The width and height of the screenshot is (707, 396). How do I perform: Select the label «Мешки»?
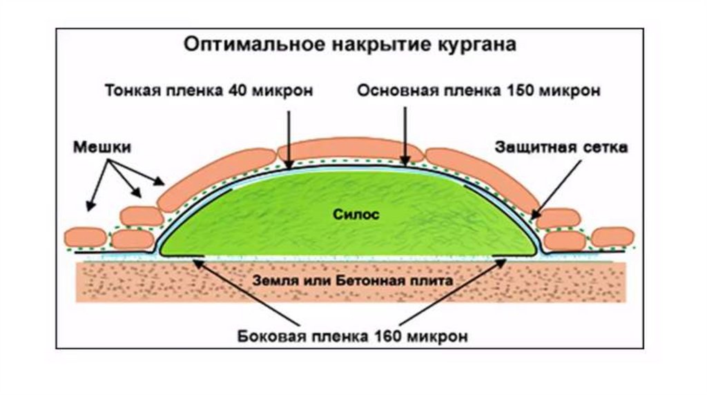pos(101,148)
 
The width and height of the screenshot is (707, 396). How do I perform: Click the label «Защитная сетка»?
pos(562,148)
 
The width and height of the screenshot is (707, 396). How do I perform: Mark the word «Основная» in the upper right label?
pos(393,90)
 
